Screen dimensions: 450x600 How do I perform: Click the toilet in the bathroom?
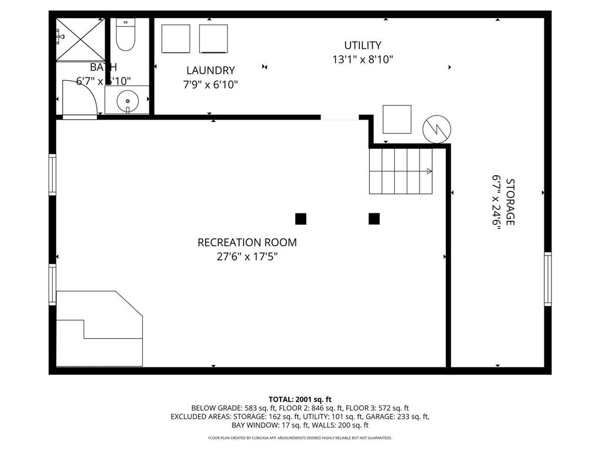[126, 35]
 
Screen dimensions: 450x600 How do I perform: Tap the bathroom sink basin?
[127, 101]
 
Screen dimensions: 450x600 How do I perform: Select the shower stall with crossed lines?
[80, 39]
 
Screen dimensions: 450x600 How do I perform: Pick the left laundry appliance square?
[176, 39]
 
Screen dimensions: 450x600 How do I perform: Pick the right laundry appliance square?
[213, 39]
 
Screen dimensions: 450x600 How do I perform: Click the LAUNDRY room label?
[210, 70]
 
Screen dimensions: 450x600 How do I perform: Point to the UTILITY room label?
[363, 45]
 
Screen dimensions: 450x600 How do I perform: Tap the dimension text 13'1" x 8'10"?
[363, 59]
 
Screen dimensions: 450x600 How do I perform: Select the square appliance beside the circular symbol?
[397, 120]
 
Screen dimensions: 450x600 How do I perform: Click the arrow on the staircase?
[428, 171]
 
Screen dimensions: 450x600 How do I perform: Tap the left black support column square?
[301, 219]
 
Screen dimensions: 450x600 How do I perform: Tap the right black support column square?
[374, 219]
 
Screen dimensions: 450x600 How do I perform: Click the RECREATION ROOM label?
[247, 242]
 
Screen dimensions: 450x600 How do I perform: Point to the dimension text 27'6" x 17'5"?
[247, 257]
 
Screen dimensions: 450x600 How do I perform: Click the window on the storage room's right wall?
[548, 279]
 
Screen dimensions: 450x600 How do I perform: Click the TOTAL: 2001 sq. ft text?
[300, 399]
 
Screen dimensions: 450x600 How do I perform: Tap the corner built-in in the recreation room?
[100, 331]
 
